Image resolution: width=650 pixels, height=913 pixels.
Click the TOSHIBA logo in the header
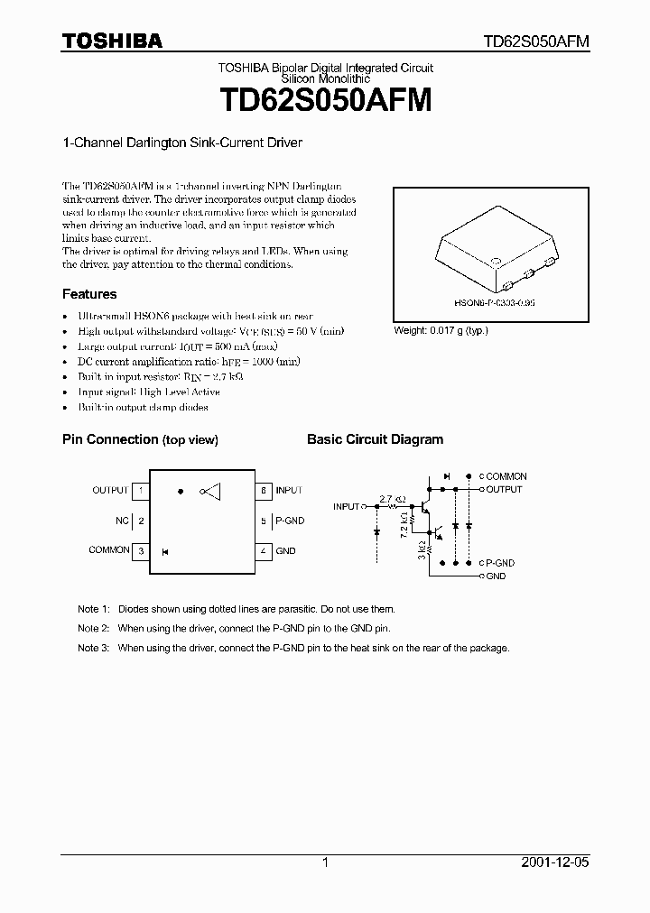pyautogui.click(x=112, y=41)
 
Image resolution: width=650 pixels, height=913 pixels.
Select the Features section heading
pyautogui.click(x=89, y=294)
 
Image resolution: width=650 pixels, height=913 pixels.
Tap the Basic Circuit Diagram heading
pyautogui.click(x=375, y=439)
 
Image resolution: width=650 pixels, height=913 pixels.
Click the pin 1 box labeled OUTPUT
pyautogui.click(x=140, y=491)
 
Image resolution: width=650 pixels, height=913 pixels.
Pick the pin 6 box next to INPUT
pyautogui.click(x=264, y=491)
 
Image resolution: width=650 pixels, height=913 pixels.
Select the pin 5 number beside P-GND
pyautogui.click(x=264, y=521)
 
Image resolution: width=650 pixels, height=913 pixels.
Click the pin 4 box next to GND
pyautogui.click(x=264, y=550)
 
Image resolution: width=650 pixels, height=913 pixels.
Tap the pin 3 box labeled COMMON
pyautogui.click(x=140, y=550)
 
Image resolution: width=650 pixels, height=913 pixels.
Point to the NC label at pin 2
pyautogui.click(x=122, y=521)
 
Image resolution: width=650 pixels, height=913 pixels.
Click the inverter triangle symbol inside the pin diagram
pyautogui.click(x=213, y=491)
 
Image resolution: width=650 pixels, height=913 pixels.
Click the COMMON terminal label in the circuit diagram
pyautogui.click(x=506, y=476)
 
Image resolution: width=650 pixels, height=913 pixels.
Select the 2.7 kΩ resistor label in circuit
pyautogui.click(x=392, y=499)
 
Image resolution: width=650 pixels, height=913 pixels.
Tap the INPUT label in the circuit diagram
pyautogui.click(x=346, y=507)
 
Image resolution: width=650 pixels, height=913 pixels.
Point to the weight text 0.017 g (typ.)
pyautogui.click(x=441, y=330)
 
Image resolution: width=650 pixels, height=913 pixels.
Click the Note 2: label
pyautogui.click(x=93, y=628)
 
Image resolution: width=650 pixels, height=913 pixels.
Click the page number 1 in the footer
pyautogui.click(x=325, y=862)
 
